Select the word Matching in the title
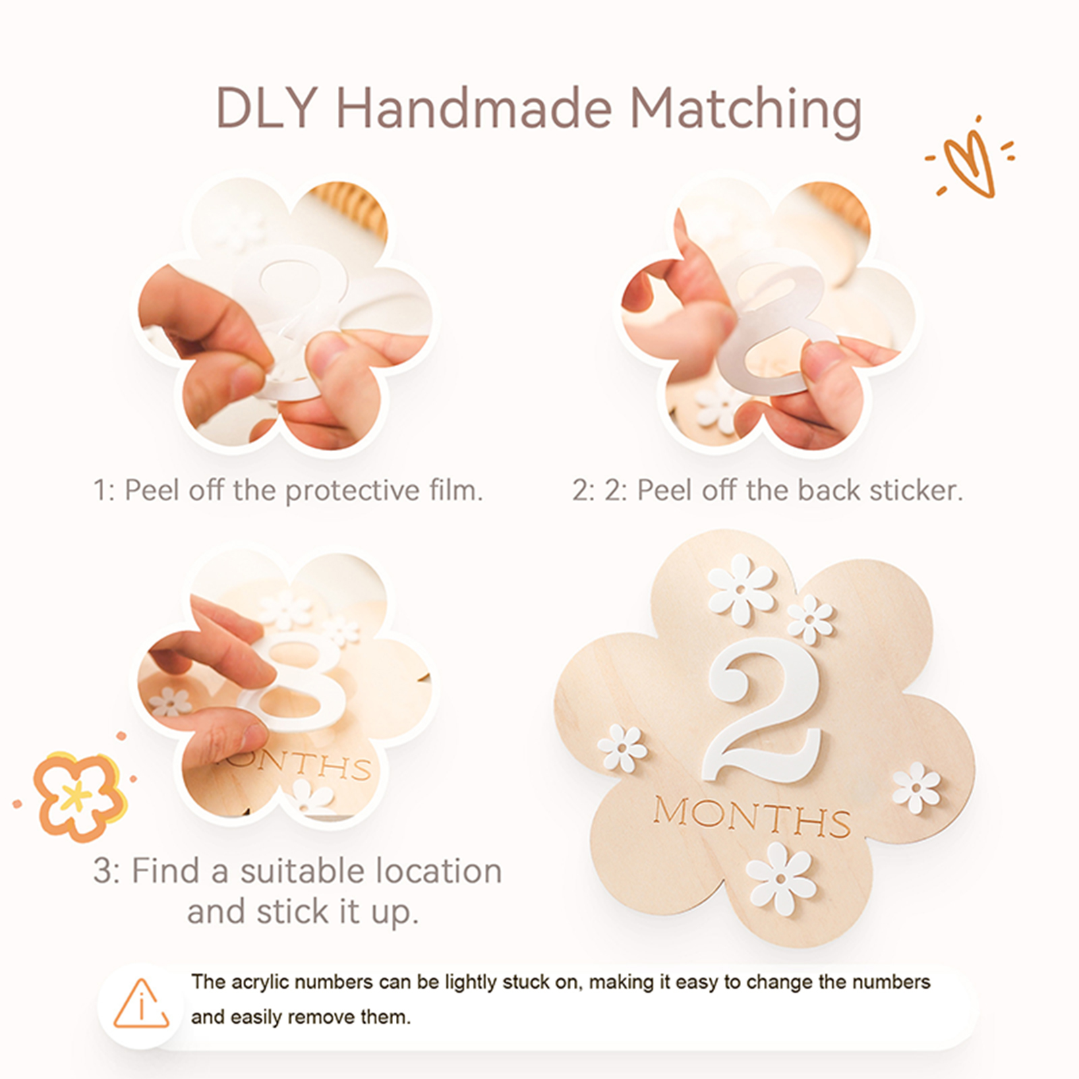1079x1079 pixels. [x=746, y=111]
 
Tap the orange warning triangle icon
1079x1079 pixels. [x=141, y=1003]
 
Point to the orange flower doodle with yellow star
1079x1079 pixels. [x=79, y=796]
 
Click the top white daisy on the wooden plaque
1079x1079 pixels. [x=740, y=589]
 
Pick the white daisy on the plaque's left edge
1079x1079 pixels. [x=622, y=749]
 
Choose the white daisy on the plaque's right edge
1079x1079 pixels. [x=916, y=788]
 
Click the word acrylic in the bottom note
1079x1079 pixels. [x=260, y=982]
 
